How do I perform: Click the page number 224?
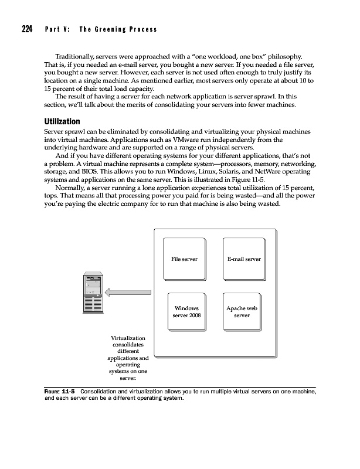coord(27,29)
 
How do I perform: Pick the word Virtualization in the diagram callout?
coord(128,339)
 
